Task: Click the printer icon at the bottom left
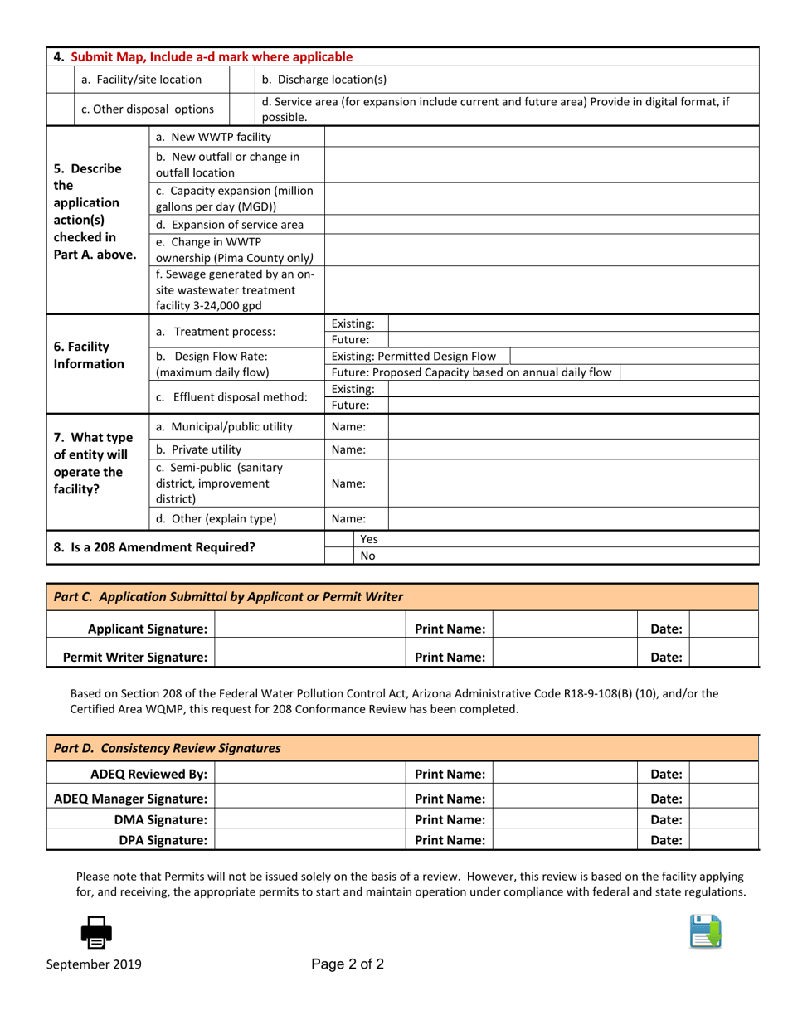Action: tap(96, 932)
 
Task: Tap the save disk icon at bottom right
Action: tap(705, 931)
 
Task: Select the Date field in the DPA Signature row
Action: tap(723, 840)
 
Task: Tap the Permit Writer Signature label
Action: tap(135, 658)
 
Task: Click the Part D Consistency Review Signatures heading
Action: tap(167, 748)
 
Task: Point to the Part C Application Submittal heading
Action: tap(228, 596)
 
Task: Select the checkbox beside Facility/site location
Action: tap(61, 80)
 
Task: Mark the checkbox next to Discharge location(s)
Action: tap(241, 80)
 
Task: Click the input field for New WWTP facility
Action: tap(541, 137)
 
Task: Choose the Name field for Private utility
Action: tap(572, 449)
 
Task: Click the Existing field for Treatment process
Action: tap(572, 323)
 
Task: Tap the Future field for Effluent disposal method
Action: tap(572, 406)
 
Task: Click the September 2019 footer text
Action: tap(94, 964)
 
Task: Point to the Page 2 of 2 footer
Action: tap(348, 964)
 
